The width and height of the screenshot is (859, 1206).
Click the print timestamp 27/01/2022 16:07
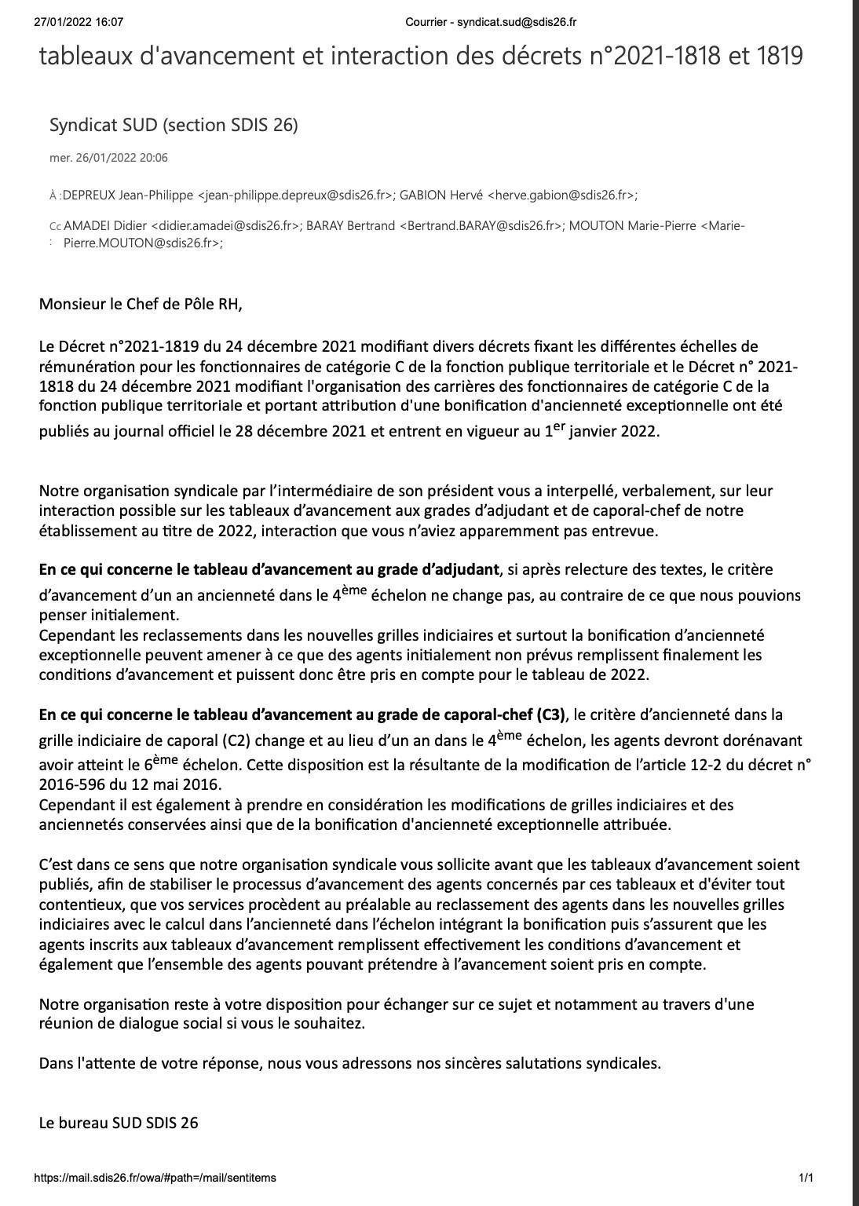(x=79, y=22)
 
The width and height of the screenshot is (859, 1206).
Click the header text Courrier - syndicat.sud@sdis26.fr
(x=491, y=22)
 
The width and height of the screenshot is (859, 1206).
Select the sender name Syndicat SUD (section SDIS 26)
(x=174, y=125)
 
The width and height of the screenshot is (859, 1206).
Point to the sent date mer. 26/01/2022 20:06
(x=108, y=158)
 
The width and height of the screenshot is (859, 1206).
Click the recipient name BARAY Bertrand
(x=350, y=226)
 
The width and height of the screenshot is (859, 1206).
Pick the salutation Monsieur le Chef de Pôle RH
(x=141, y=304)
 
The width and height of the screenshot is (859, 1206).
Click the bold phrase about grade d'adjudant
(x=269, y=569)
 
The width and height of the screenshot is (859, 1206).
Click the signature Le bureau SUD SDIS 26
(x=119, y=1123)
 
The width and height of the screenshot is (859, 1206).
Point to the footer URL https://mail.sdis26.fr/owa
(x=155, y=1178)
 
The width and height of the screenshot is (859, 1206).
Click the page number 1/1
(x=806, y=1178)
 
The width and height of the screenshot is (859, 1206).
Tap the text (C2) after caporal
(x=236, y=740)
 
